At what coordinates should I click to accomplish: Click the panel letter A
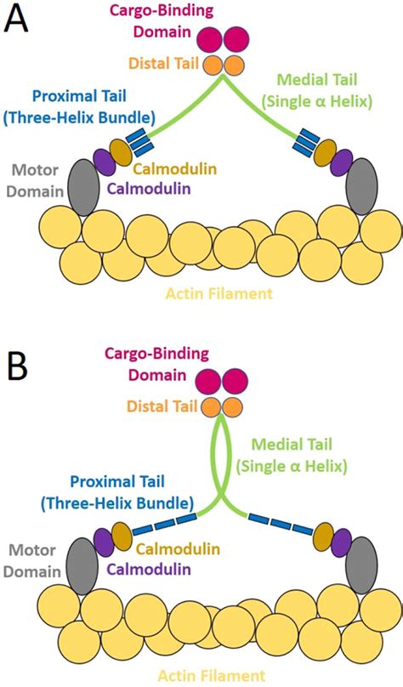(x=16, y=19)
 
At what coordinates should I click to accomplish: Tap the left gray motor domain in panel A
(x=83, y=187)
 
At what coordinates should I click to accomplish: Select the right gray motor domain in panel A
(x=361, y=187)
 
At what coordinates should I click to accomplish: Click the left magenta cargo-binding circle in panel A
(x=210, y=38)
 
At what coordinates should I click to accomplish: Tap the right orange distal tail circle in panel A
(x=235, y=65)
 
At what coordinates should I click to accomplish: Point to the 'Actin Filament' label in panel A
(x=219, y=292)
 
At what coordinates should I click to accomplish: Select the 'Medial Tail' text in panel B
(x=292, y=445)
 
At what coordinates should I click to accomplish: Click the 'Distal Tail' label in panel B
(x=162, y=406)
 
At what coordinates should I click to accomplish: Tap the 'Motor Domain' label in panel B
(x=33, y=560)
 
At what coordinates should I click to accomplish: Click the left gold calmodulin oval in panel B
(x=122, y=537)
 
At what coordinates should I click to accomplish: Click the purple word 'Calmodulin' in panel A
(x=149, y=189)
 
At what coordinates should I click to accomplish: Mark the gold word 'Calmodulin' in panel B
(x=178, y=548)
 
